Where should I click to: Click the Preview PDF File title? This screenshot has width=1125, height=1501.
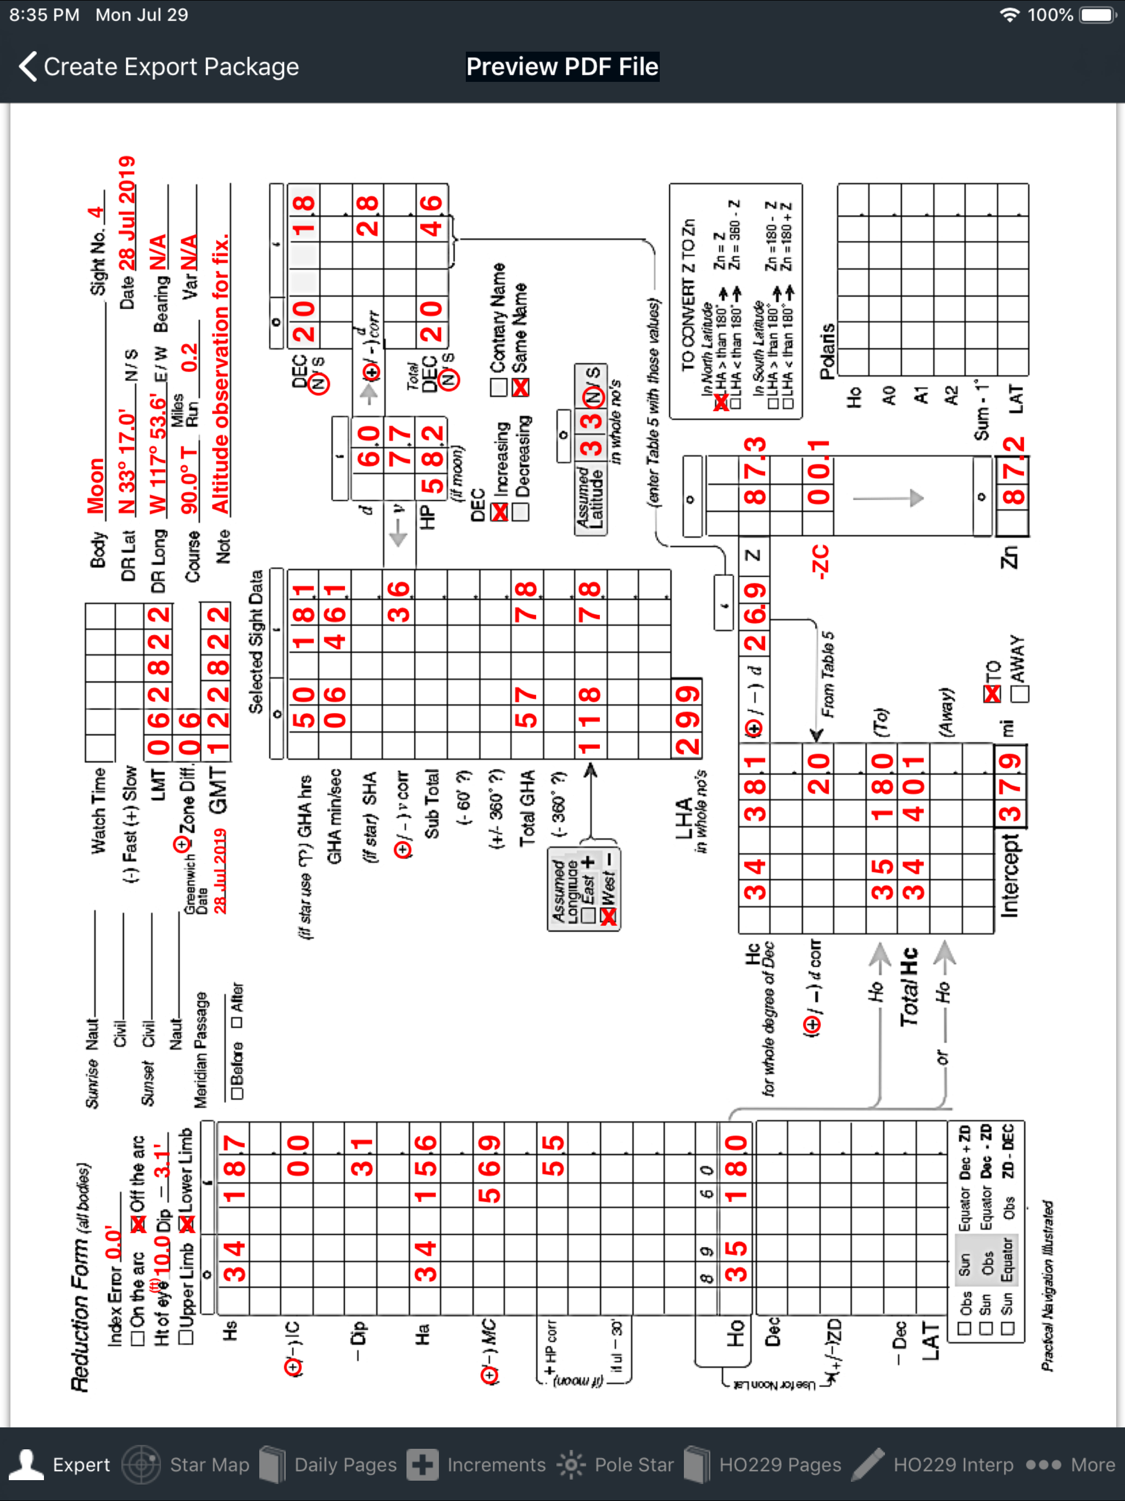pos(562,66)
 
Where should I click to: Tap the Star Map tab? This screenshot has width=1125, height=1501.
pos(187,1464)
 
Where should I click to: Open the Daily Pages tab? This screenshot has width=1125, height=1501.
pos(328,1464)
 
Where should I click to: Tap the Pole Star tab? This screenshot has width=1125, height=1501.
pos(615,1464)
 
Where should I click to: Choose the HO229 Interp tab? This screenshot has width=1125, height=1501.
pos(935,1464)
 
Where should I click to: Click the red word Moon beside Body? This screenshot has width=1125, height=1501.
pos(96,486)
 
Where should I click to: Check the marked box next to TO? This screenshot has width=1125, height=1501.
pos(992,693)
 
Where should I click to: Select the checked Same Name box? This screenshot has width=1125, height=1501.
pos(520,387)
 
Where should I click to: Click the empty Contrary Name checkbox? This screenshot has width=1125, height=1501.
pos(499,387)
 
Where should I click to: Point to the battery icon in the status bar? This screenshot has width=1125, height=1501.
pos(1097,15)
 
